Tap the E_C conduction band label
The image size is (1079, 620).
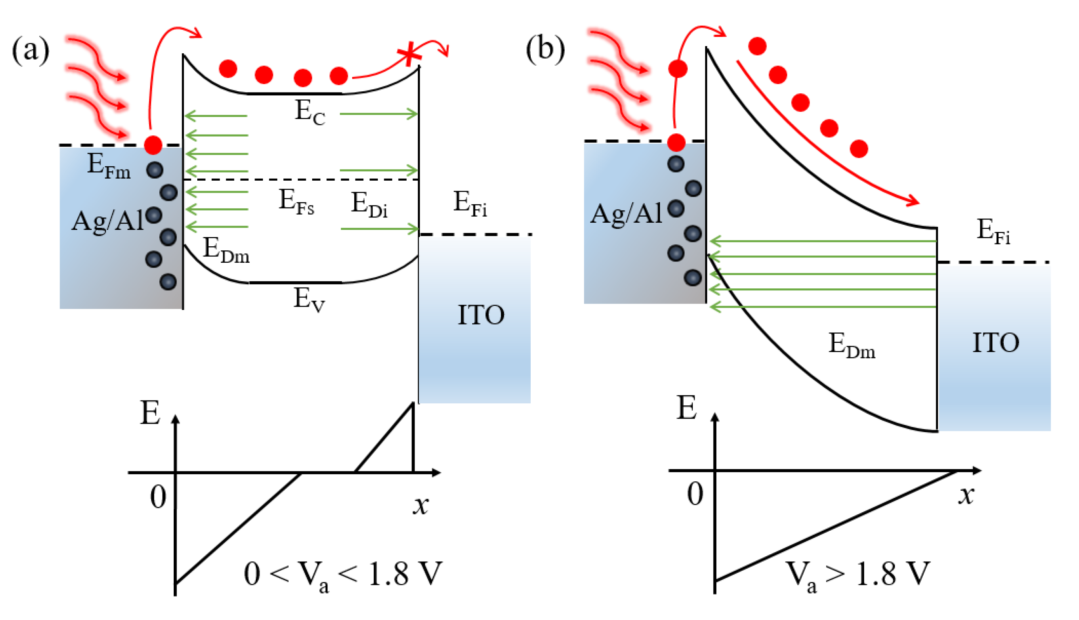click(x=310, y=113)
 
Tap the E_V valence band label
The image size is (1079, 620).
click(x=309, y=299)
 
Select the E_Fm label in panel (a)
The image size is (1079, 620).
click(x=108, y=166)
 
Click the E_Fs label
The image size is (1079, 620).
click(x=296, y=202)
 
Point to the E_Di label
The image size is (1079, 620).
click(x=369, y=205)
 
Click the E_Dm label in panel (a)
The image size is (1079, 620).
click(x=226, y=250)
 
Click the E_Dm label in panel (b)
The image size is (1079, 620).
click(x=851, y=345)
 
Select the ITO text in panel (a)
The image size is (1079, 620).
click(x=481, y=315)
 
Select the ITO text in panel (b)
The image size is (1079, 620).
click(x=996, y=343)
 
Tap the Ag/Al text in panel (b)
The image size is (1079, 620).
click(x=626, y=214)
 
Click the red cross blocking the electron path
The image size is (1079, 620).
click(x=409, y=54)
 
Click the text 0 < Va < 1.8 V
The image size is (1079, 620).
click(x=343, y=575)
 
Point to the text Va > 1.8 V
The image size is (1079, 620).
click(x=857, y=575)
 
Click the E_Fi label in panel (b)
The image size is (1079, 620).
click(x=993, y=231)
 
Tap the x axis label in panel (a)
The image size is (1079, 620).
click(x=421, y=505)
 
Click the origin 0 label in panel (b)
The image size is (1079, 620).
click(x=695, y=494)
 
